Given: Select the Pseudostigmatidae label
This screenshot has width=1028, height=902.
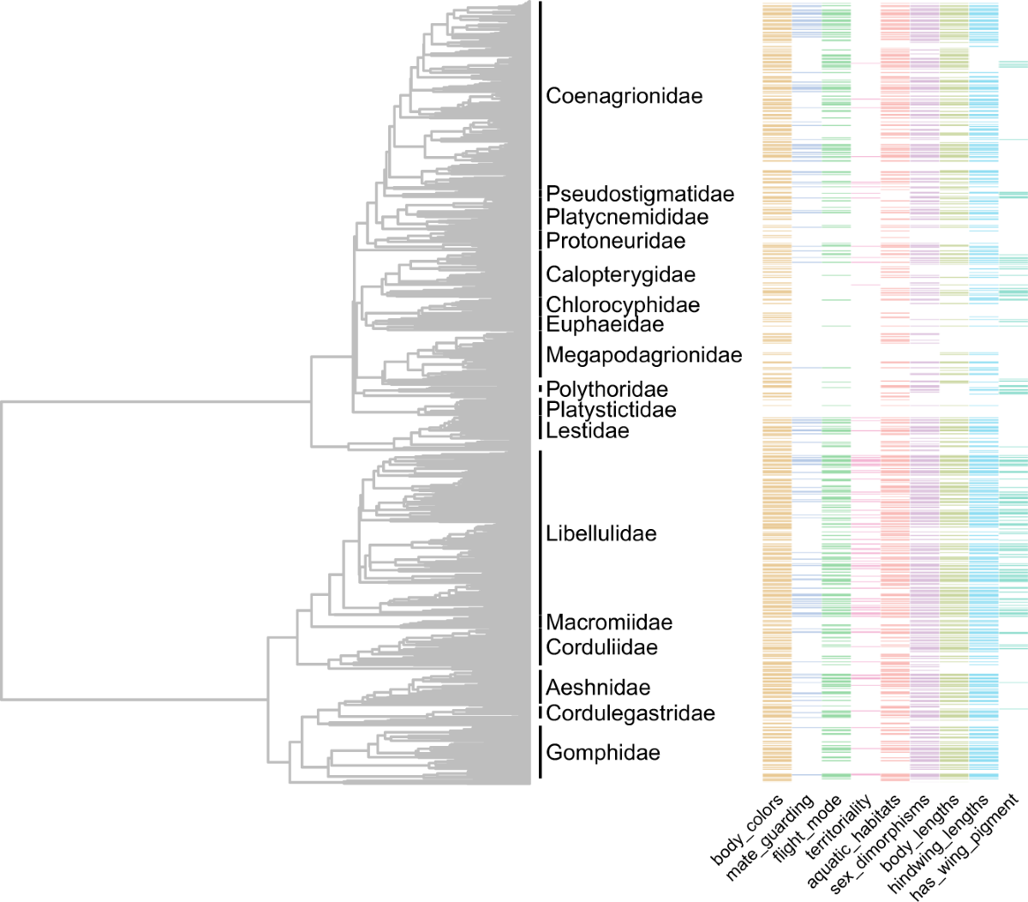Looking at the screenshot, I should click(x=640, y=195).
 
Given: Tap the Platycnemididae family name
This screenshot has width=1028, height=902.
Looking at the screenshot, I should click(x=627, y=218).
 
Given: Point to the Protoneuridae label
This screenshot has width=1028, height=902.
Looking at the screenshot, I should click(x=615, y=241).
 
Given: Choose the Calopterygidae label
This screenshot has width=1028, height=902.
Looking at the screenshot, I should click(x=620, y=275).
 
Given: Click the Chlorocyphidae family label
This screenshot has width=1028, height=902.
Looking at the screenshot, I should click(x=623, y=305).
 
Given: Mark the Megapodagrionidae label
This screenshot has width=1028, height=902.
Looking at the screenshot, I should click(x=643, y=355).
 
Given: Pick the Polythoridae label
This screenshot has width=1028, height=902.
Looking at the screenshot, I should click(x=607, y=390).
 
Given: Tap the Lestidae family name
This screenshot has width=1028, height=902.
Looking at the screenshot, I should click(x=587, y=431).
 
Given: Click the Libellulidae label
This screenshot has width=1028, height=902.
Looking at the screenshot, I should click(x=601, y=534).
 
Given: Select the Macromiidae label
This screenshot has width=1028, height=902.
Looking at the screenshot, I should click(x=609, y=623).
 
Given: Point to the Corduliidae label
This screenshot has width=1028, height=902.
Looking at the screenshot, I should click(x=601, y=647).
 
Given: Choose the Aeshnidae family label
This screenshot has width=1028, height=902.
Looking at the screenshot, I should click(x=598, y=688).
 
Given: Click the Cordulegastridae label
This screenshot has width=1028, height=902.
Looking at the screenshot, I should click(x=630, y=713).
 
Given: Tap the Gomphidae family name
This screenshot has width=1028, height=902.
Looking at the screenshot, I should click(x=602, y=753).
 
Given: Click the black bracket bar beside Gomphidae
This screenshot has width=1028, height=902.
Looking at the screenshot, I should click(x=541, y=753).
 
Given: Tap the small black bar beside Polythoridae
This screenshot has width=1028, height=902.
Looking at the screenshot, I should click(x=541, y=389).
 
